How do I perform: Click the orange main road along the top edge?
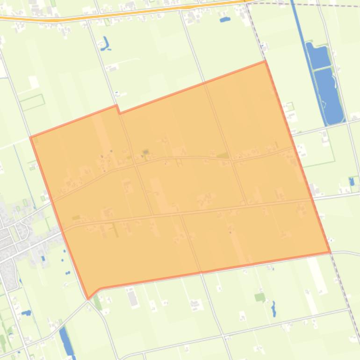(x=140, y=12)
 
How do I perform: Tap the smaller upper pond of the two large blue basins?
(x=317, y=56)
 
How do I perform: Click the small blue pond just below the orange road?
(x=225, y=20)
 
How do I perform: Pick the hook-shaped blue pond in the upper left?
(x=105, y=44)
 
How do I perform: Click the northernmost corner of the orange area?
(x=265, y=61)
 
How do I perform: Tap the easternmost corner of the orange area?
(x=330, y=252)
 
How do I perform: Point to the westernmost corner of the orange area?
(x=31, y=137)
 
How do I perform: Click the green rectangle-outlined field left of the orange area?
(x=32, y=101)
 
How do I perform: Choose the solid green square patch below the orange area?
(x=259, y=297)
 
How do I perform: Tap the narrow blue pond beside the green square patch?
(x=274, y=309)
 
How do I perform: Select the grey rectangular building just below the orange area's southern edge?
(x=133, y=297)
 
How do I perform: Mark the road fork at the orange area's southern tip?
(x=89, y=301)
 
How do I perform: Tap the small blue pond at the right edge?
(x=352, y=181)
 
